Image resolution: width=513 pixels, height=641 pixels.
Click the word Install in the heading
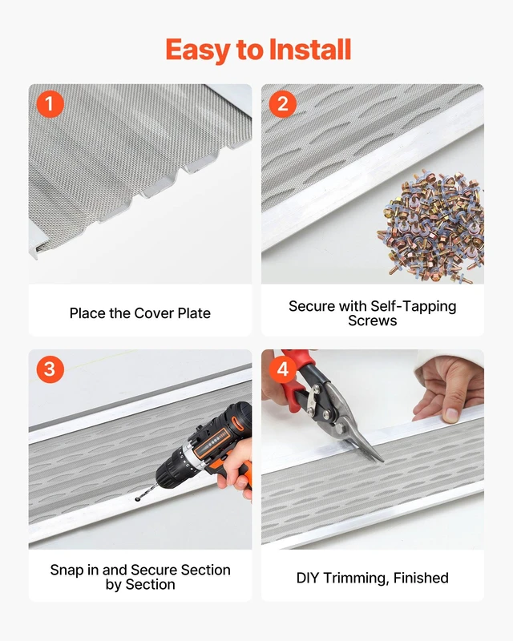click(310, 50)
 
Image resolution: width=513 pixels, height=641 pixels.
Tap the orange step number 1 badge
click(50, 103)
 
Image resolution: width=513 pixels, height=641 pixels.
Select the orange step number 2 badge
click(283, 103)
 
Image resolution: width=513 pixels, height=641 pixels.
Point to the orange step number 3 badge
click(50, 369)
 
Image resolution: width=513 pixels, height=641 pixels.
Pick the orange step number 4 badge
click(283, 369)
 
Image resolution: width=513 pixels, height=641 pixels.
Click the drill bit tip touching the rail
click(137, 499)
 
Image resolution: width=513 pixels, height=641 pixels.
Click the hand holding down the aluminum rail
click(448, 389)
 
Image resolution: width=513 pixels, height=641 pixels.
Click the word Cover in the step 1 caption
click(154, 313)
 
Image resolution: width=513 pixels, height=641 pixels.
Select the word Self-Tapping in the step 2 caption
click(413, 307)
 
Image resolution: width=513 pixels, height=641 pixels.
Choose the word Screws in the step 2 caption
click(372, 321)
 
